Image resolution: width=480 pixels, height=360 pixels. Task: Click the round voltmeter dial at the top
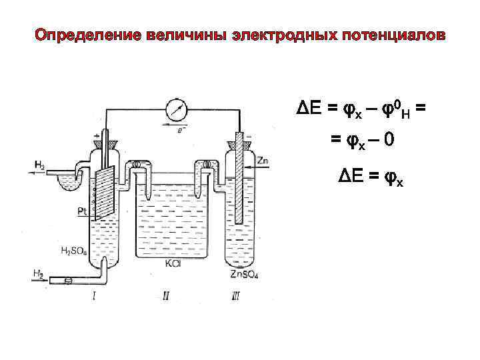[x=177, y=108]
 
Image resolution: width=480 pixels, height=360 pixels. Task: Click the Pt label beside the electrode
[x=82, y=211]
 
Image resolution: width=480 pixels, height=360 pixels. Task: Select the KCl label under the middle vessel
[x=173, y=263]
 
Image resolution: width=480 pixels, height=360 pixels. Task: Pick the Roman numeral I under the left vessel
[x=93, y=294]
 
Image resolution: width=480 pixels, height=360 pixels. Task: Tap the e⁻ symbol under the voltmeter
[x=181, y=131]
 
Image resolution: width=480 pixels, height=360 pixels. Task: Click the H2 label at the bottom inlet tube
[x=39, y=273]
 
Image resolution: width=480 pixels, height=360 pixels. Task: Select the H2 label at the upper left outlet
[x=39, y=165]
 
